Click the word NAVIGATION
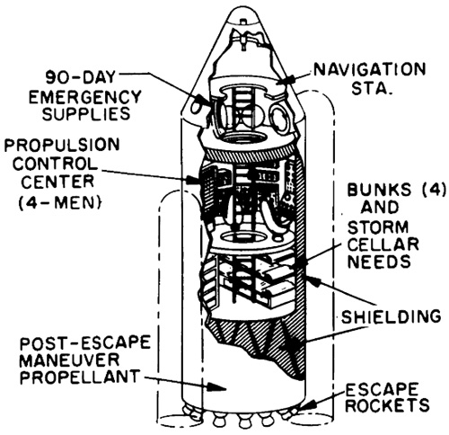tap(369, 70)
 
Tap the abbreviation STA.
tap(371, 88)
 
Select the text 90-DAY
tap(81, 77)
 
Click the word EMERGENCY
tap(84, 96)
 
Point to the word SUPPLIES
tap(86, 113)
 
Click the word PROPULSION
tap(62, 145)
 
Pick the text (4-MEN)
tap(59, 202)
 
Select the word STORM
tap(378, 226)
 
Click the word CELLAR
tap(383, 244)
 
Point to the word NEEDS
tap(379, 262)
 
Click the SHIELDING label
tap(391, 316)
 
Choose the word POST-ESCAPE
tap(85, 342)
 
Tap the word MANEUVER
tap(69, 360)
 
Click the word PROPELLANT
tap(80, 377)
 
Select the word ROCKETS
tap(389, 405)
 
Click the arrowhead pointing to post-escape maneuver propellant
tap(216, 386)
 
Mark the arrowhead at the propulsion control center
tap(193, 179)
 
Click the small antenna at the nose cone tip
tap(244, 22)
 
